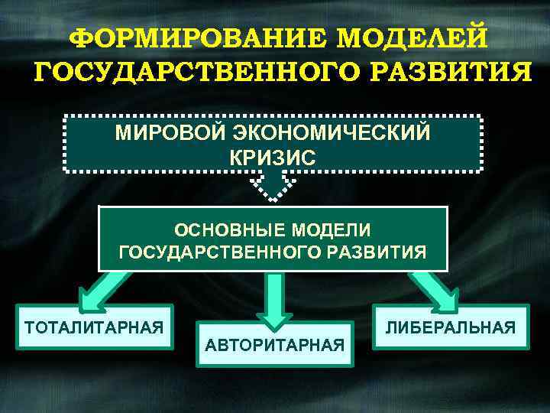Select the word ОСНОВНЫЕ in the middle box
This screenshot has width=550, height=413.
tap(221, 229)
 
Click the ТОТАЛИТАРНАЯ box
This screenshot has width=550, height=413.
tap(95, 327)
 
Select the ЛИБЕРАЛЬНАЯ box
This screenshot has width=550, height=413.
tap(451, 327)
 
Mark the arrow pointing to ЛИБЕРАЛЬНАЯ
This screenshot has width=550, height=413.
tap(436, 289)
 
